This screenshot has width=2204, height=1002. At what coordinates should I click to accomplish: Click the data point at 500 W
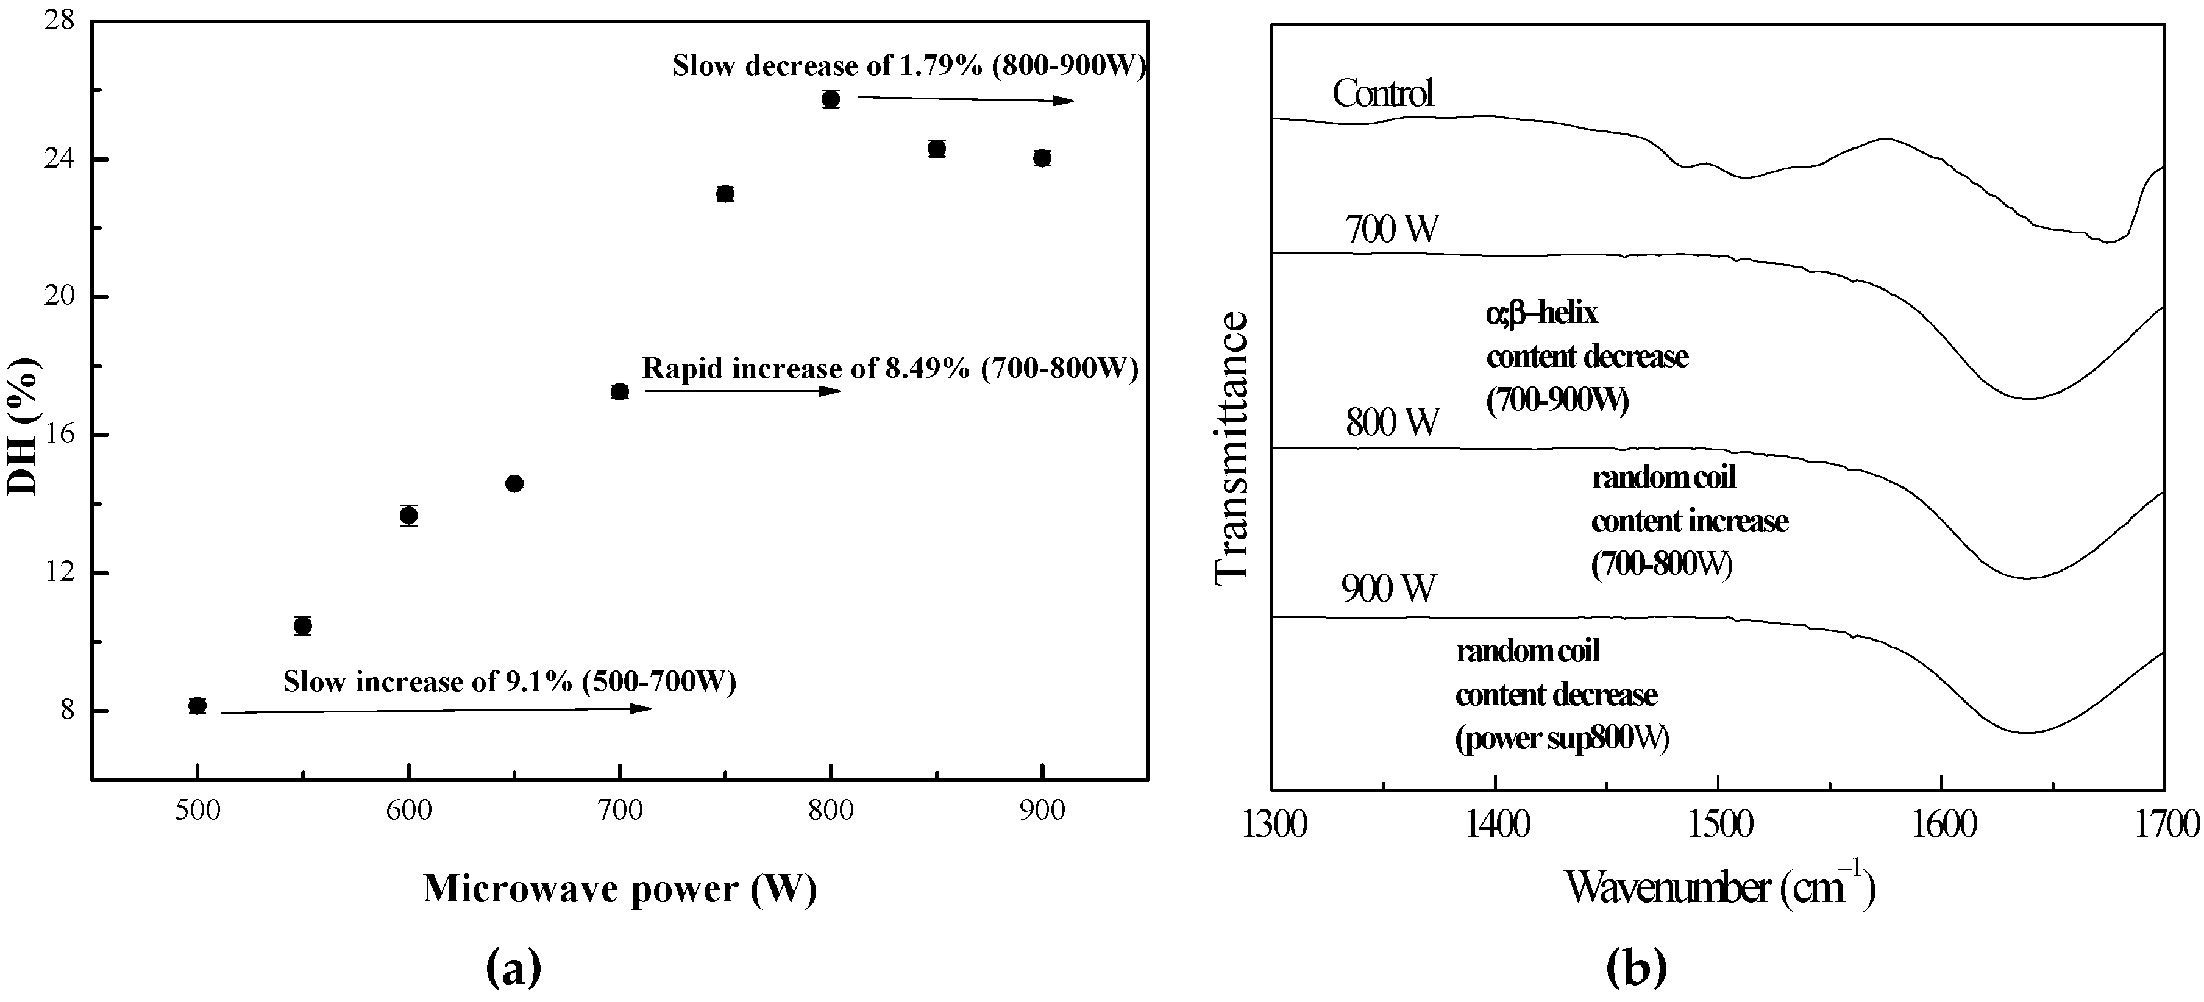[x=197, y=706]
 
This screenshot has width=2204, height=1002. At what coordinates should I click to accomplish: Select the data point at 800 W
[x=830, y=99]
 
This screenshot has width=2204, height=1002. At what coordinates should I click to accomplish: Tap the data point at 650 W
[x=514, y=483]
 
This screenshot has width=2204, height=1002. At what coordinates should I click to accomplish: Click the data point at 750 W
[x=725, y=193]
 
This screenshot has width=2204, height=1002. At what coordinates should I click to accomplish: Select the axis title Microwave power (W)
[x=619, y=889]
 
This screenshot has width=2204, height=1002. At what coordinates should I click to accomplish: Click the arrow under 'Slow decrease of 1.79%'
[x=965, y=100]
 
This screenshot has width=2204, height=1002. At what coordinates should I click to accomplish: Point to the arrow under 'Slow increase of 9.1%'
[x=436, y=710]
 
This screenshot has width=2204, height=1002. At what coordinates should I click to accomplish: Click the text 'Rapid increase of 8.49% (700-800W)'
[x=890, y=369]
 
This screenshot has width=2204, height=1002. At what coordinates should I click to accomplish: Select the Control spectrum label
[x=1382, y=93]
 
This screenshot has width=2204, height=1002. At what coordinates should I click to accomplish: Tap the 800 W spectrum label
[x=1392, y=422]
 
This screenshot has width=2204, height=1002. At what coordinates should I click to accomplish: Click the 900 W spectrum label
[x=1388, y=589]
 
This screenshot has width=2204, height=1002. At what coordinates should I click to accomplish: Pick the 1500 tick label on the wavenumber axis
[x=1718, y=826]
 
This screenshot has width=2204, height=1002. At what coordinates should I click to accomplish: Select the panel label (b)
[x=1636, y=968]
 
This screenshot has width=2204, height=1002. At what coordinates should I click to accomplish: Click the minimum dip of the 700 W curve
[x=2028, y=399]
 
